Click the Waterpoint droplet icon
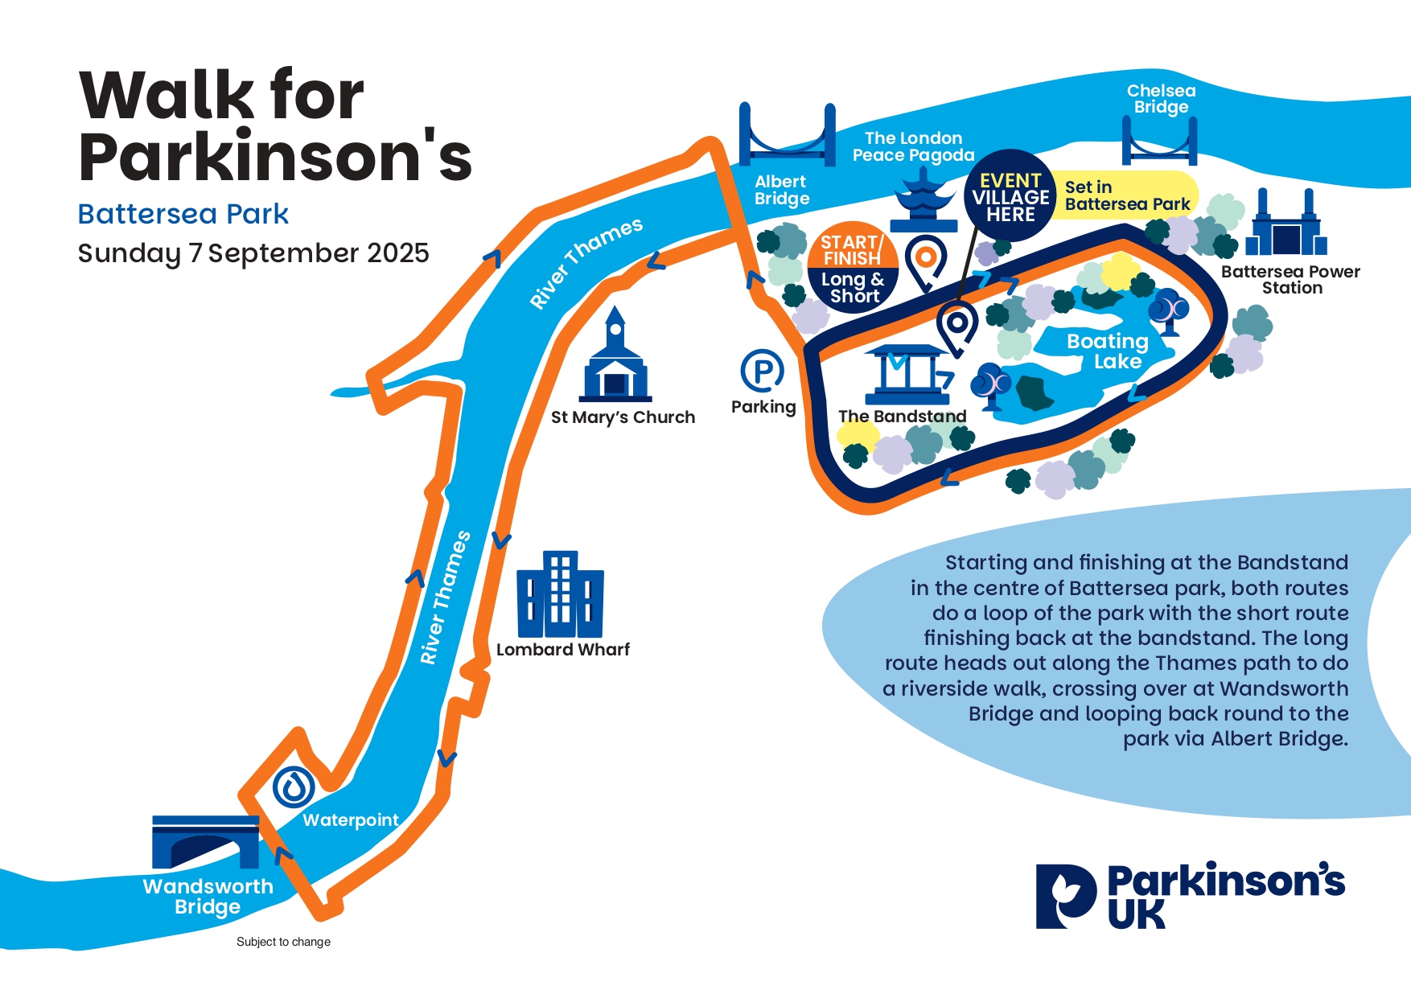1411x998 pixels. (294, 787)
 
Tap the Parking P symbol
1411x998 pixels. (762, 371)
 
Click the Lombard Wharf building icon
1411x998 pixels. (560, 594)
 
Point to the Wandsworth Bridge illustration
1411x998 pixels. (206, 842)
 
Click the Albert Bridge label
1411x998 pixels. (781, 191)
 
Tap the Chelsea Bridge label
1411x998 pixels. (1161, 99)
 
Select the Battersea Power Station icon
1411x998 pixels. (1286, 223)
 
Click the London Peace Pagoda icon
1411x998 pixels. (924, 204)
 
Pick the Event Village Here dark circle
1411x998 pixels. (1010, 196)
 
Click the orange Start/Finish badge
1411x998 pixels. (852, 245)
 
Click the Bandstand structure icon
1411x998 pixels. (907, 375)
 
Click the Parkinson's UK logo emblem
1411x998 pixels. (1066, 897)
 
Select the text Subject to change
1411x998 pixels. (283, 942)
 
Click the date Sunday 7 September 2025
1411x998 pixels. (253, 253)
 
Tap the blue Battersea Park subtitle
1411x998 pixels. (183, 214)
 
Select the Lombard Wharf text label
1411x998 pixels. (563, 650)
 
